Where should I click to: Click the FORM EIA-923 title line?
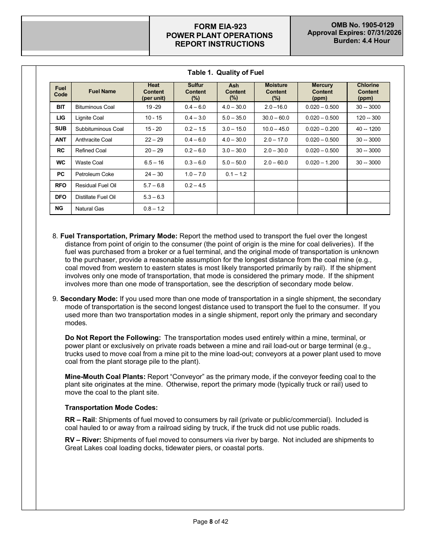point(220,27)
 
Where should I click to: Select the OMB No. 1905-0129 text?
point(362,25)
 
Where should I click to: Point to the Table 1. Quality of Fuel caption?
point(225,73)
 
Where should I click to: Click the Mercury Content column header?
point(322,92)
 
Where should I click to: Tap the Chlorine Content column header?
point(368,92)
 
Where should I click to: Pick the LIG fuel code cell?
point(60,118)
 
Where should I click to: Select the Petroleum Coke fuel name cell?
point(94,174)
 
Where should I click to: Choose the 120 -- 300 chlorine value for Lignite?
point(368,118)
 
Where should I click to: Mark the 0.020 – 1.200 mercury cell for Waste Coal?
point(322,163)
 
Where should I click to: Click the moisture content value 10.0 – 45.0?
point(276,129)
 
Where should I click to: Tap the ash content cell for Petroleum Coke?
point(236,174)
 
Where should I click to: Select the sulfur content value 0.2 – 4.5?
point(195,185)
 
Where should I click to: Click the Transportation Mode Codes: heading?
point(111,408)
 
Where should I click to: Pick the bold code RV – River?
point(83,440)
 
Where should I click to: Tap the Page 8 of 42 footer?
point(210,521)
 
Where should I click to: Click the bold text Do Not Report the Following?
point(113,338)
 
